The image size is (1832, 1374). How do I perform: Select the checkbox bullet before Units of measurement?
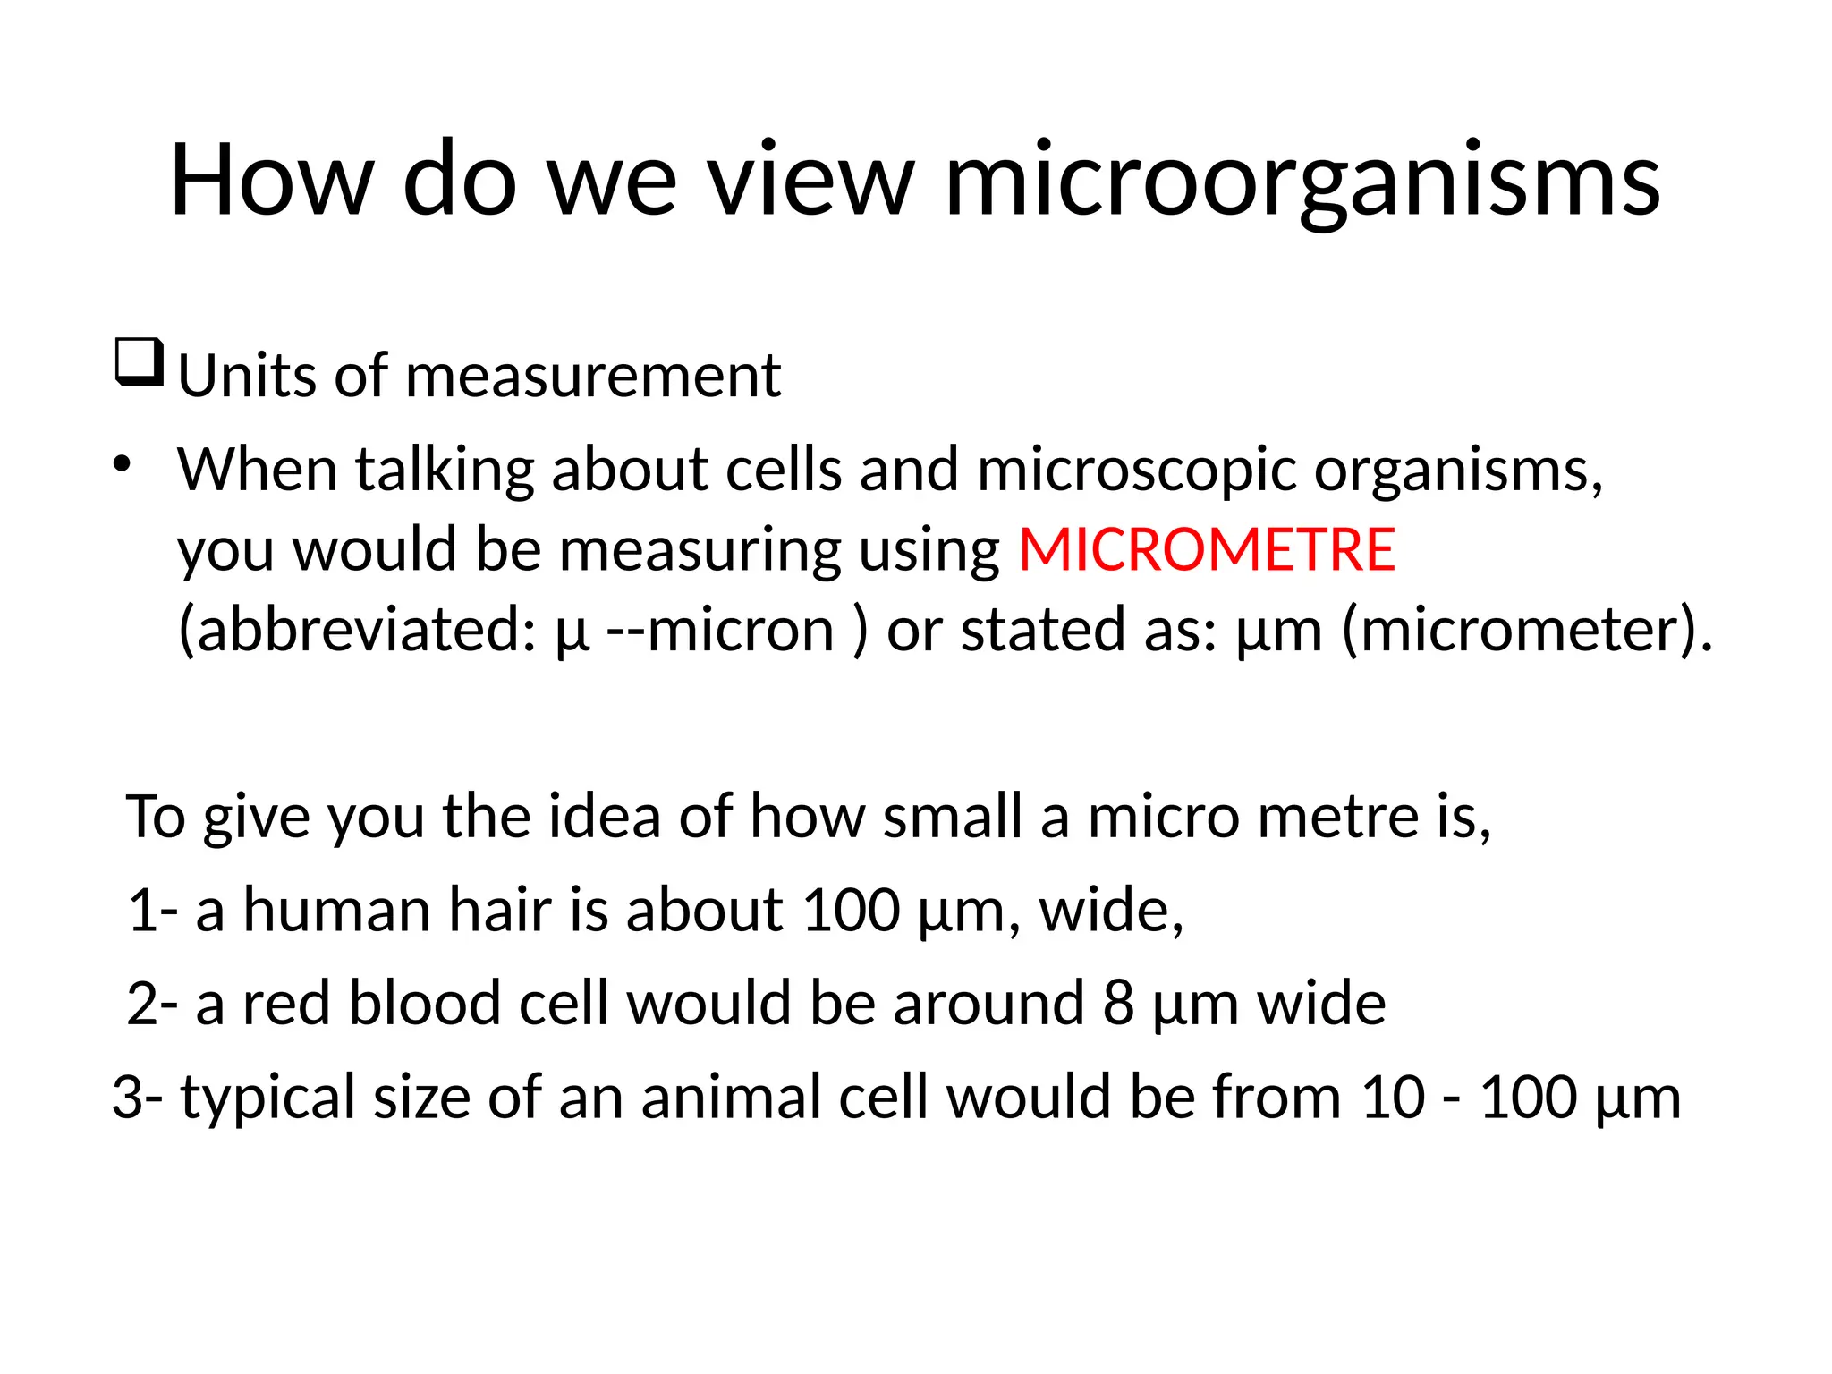pyautogui.click(x=140, y=362)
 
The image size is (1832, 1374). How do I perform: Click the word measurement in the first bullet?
pyautogui.click(x=593, y=376)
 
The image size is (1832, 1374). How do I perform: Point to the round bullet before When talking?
pyautogui.click(x=123, y=464)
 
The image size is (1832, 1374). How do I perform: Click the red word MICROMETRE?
pyautogui.click(x=1207, y=549)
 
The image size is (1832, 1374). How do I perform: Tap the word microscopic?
pyautogui.click(x=1136, y=470)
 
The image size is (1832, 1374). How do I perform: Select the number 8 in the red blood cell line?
pyautogui.click(x=1118, y=1003)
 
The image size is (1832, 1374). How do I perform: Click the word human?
pyautogui.click(x=336, y=910)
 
